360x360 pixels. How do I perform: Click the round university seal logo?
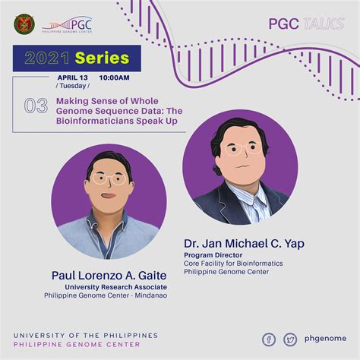pos(24,24)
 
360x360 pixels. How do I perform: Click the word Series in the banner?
pos(103,58)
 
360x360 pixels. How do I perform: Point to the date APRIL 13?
pos(73,78)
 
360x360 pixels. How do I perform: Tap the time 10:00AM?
pos(114,78)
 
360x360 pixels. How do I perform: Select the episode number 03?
pos(36,106)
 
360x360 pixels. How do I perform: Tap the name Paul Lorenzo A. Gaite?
pos(108,275)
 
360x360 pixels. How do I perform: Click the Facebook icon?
pos(269,339)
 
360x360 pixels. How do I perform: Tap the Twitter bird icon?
pos(290,339)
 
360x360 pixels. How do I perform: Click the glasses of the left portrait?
pos(109,180)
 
